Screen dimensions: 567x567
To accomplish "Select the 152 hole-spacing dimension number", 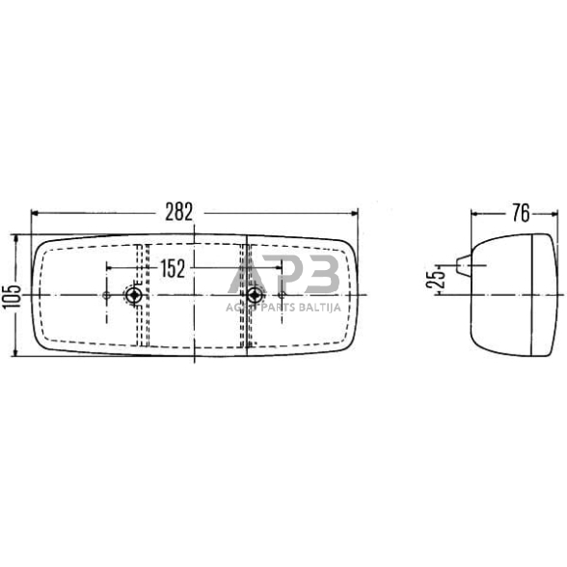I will tap(172, 270).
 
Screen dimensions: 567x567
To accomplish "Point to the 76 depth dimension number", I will tap(520, 214).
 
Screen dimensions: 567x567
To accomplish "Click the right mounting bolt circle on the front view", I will tap(254, 295).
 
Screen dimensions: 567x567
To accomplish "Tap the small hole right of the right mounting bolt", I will tap(282, 295).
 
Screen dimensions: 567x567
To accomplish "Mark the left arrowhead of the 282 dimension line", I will tap(37, 213).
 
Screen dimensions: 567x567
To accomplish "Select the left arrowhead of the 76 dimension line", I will tap(474, 214).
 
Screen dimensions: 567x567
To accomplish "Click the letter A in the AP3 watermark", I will tap(246, 277).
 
